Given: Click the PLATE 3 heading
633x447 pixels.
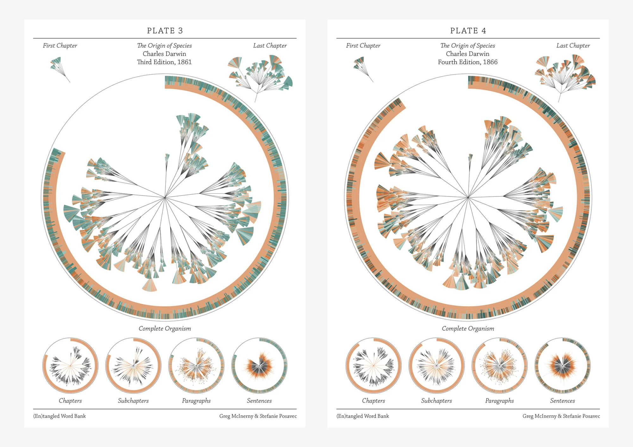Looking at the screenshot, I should (x=165, y=31).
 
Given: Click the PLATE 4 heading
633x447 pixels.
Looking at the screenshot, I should (x=468, y=31).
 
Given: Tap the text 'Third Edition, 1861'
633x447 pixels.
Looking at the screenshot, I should (x=164, y=62).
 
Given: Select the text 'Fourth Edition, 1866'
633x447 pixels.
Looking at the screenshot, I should (x=467, y=62).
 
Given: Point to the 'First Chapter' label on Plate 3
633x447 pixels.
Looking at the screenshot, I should (x=60, y=46).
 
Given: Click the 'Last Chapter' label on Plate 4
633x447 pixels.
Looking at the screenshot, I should (x=573, y=46).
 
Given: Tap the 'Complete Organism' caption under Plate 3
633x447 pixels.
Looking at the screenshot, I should (x=165, y=328).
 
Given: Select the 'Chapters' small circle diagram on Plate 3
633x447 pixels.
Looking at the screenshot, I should (x=70, y=366).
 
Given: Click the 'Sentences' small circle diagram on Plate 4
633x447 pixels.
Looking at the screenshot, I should (x=562, y=366).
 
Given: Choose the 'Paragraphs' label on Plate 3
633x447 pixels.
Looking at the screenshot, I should (x=196, y=401).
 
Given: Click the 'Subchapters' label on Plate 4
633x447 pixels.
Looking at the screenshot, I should (x=436, y=401).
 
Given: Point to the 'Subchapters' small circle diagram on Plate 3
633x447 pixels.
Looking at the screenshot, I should (x=133, y=366).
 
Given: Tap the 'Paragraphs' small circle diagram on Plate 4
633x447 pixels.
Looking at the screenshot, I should (x=499, y=366).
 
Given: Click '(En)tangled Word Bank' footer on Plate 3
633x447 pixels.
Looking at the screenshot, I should (x=60, y=416).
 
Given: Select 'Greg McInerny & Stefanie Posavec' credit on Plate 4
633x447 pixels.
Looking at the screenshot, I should (x=561, y=416).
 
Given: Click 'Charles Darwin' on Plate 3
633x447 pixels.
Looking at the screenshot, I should (x=164, y=54).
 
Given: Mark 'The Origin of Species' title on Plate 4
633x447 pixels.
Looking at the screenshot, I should (x=467, y=46).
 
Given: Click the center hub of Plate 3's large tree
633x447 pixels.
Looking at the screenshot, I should (x=165, y=197).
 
